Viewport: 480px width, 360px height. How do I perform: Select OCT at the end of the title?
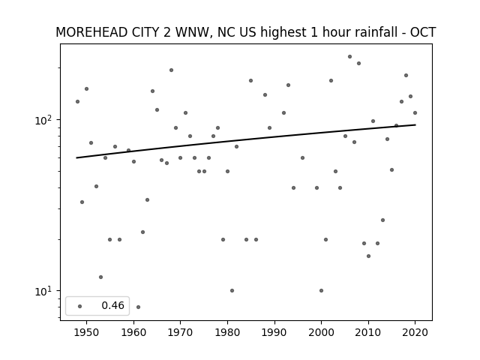(x=423, y=32)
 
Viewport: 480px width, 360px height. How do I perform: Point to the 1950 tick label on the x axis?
(x=87, y=332)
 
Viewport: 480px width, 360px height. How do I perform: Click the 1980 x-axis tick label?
(x=227, y=332)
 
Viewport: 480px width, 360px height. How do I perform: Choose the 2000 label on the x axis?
(x=321, y=332)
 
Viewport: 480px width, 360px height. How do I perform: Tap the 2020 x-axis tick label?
(x=415, y=332)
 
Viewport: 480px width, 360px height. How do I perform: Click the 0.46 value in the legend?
(x=113, y=305)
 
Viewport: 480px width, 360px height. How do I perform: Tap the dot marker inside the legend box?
(x=80, y=306)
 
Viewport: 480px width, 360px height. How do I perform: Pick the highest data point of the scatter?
(x=349, y=57)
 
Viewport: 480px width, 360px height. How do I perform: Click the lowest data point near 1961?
(x=138, y=307)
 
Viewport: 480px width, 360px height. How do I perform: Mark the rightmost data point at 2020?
(x=415, y=113)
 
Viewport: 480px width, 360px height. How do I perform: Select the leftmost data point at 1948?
(x=77, y=102)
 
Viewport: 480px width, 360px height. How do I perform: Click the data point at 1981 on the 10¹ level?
(x=232, y=290)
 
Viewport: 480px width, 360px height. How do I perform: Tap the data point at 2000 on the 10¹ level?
(x=321, y=290)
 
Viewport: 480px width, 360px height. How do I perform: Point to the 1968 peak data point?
(x=171, y=70)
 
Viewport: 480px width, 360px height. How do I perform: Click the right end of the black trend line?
(x=415, y=124)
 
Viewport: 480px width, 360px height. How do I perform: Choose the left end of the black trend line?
(x=76, y=158)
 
